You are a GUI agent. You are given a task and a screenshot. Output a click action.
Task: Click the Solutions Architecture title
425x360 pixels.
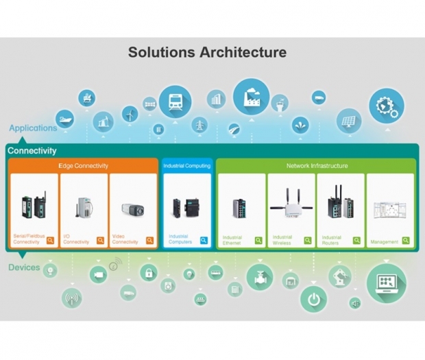pyautogui.click(x=207, y=52)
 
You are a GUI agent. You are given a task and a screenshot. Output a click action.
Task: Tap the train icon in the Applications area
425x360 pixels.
pyautogui.click(x=175, y=101)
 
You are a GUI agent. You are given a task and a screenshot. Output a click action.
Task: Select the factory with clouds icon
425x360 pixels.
pyautogui.click(x=252, y=97)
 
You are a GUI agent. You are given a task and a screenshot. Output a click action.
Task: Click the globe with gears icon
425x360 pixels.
pyautogui.click(x=387, y=106)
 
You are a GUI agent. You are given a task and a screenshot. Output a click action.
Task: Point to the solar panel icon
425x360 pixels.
pyautogui.click(x=349, y=121)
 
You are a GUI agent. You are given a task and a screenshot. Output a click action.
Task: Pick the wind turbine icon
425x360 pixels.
pyautogui.click(x=130, y=114)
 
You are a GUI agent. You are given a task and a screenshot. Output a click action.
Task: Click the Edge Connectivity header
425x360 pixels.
pyautogui.click(x=84, y=166)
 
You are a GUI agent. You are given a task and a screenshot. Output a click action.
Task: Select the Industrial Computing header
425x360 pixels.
pyautogui.click(x=187, y=166)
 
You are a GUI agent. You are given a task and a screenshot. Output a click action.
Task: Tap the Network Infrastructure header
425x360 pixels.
pyautogui.click(x=317, y=166)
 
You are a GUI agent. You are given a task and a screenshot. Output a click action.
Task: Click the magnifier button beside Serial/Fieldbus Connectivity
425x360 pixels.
pyautogui.click(x=50, y=241)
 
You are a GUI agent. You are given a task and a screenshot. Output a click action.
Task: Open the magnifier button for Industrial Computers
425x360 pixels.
pyautogui.click(x=204, y=241)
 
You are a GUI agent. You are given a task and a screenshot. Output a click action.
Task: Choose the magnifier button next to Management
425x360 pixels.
pyautogui.click(x=406, y=241)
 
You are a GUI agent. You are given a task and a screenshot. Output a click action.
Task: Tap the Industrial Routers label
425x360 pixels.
pyautogui.click(x=331, y=240)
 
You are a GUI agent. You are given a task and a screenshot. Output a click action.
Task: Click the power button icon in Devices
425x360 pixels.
pyautogui.click(x=313, y=300)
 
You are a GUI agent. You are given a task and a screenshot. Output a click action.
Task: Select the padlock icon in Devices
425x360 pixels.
pyautogui.click(x=149, y=272)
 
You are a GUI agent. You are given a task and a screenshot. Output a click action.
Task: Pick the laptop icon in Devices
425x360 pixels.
pyautogui.click(x=387, y=284)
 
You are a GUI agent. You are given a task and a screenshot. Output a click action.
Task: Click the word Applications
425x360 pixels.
pyautogui.click(x=33, y=128)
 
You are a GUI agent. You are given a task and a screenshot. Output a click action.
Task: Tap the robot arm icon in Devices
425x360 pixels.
pyautogui.click(x=340, y=276)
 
